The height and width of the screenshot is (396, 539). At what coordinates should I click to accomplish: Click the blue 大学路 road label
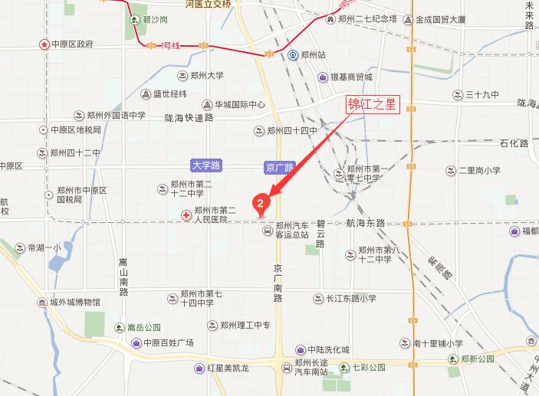(x=205, y=165)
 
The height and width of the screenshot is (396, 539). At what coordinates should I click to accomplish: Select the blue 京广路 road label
(x=279, y=166)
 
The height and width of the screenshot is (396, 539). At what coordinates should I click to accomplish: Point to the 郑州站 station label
(x=314, y=55)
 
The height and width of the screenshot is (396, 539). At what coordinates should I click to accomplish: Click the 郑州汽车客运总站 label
(x=293, y=230)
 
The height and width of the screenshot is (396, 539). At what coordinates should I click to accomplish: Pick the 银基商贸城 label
(x=350, y=77)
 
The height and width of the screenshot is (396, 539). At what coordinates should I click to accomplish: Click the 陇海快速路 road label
(x=188, y=118)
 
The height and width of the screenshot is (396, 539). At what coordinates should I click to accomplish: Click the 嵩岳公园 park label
(x=144, y=327)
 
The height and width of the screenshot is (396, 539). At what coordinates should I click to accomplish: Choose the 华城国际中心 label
(x=239, y=104)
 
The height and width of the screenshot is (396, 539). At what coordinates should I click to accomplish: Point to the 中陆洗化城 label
(x=328, y=349)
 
